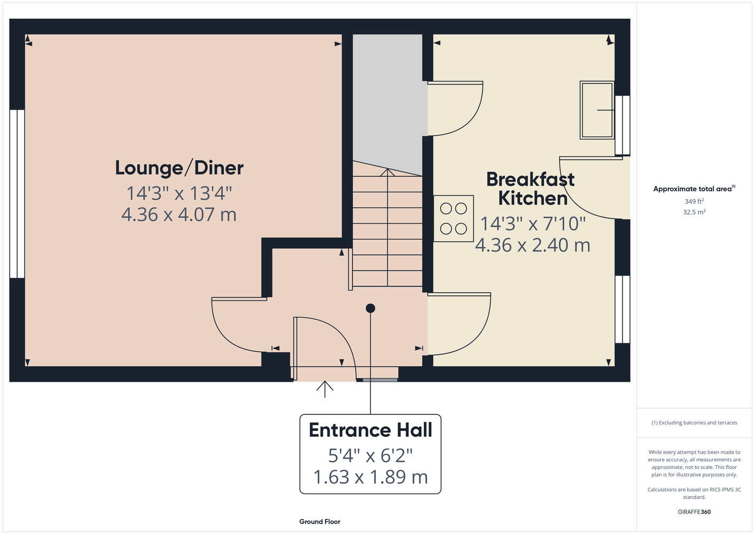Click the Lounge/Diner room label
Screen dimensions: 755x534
179,168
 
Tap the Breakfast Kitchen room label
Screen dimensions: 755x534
531,189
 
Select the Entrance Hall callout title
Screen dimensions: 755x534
370,430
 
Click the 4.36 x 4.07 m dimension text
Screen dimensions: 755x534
179,214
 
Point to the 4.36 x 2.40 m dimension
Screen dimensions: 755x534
533,245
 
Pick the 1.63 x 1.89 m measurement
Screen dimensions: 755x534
370,477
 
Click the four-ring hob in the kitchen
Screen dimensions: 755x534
453,218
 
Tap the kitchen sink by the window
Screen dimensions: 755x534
597,110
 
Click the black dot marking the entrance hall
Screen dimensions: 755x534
370,308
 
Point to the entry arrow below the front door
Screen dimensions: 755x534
324,389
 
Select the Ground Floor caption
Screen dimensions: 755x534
320,522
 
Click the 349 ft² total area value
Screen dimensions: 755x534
694,201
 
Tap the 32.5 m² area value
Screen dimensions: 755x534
694,212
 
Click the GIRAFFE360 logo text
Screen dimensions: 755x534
694,512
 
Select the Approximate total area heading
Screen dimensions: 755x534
694,189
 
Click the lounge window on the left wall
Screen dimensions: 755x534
17,194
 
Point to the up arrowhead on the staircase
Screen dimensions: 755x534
387,172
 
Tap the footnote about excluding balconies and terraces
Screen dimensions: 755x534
694,422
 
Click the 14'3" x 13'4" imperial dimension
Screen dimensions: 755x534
179,193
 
